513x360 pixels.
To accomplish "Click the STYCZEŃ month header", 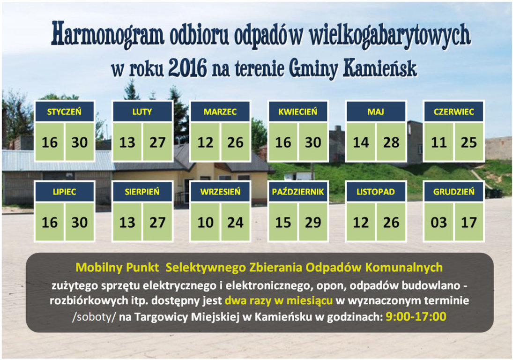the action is [x=65, y=112].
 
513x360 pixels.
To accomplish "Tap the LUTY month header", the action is [x=142, y=112].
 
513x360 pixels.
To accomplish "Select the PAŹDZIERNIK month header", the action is [x=298, y=191].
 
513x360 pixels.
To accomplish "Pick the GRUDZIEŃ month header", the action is [x=454, y=191].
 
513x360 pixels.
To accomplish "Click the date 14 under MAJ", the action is [x=361, y=142].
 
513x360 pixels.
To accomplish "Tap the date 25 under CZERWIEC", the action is [x=469, y=142].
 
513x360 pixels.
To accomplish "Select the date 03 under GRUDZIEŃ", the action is [x=439, y=223].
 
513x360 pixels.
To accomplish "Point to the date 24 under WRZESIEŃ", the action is [x=235, y=223].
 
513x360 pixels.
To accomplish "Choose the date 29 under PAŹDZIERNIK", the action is [x=313, y=223].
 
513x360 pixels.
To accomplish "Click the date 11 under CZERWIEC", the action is [x=439, y=142].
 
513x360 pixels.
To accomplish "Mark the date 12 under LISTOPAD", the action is [x=361, y=223].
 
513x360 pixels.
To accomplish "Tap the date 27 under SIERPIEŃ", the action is [x=157, y=223].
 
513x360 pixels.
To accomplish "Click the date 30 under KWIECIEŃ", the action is [x=313, y=142].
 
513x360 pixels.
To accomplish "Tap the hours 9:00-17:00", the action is [x=416, y=316].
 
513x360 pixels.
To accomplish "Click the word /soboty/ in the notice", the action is [x=94, y=317].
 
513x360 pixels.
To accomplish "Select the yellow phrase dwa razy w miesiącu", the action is [x=278, y=300].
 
